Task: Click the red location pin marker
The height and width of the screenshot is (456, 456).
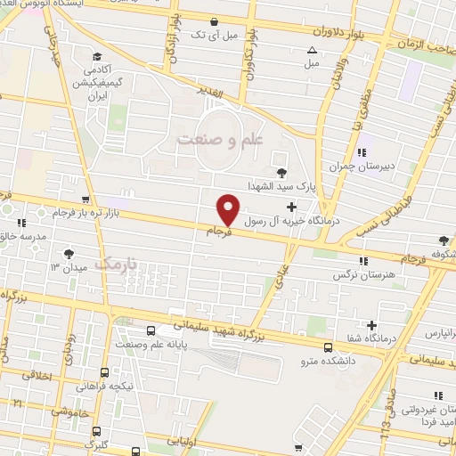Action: pos(229,208)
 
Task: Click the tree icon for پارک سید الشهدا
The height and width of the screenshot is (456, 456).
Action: pos(282,173)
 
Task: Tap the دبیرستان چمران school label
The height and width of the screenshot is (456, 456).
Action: pos(348,166)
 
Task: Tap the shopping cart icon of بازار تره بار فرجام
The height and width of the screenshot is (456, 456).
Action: pos(84,200)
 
